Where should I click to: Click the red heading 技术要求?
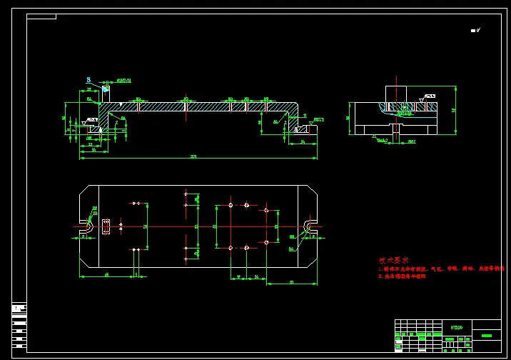point(393,261)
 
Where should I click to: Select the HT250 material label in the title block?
point(457,327)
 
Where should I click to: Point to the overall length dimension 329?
point(193,156)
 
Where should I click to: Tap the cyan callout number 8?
point(88,81)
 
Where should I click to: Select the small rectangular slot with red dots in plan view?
point(106,226)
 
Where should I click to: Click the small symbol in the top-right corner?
point(475,31)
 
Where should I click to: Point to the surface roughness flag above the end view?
point(429,96)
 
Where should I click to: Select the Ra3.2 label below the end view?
point(383,141)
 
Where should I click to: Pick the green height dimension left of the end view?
point(348,118)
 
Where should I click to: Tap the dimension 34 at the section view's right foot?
point(303,143)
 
